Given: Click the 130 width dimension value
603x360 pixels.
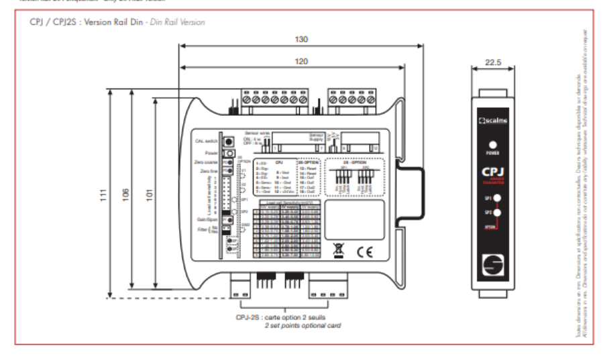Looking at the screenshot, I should (x=301, y=40).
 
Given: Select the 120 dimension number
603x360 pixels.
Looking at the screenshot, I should (x=301, y=61).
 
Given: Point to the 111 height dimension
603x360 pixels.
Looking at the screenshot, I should (x=103, y=195).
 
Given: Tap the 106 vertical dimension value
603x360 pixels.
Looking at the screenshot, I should (x=125, y=195).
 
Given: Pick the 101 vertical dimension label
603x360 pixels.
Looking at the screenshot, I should (x=148, y=195).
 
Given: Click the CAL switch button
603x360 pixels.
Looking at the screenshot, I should (x=228, y=141).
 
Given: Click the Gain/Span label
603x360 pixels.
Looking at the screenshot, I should (x=206, y=219).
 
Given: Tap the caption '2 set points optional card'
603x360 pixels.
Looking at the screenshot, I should (x=302, y=325).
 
